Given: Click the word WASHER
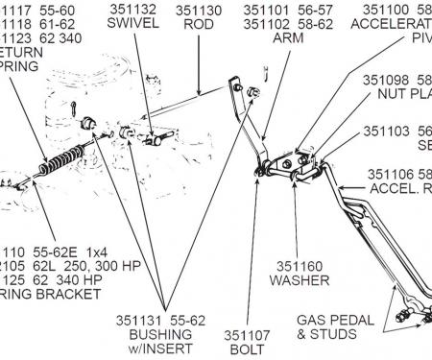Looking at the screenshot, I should (301, 280).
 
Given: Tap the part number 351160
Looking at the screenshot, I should (301, 264).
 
